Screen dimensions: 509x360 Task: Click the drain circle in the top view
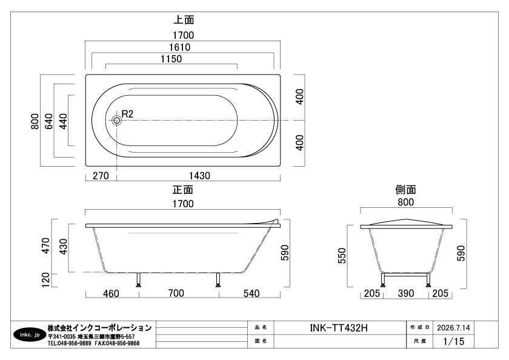116,121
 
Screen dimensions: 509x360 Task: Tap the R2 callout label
127,114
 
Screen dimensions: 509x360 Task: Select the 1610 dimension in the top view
179,47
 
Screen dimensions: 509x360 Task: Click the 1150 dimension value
171,59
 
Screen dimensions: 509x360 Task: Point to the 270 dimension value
101,176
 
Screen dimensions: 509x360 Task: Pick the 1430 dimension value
199,176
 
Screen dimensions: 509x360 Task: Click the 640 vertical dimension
48,121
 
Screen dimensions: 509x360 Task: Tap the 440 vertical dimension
63,121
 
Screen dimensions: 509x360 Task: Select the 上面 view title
184,20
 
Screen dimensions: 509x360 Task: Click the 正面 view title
183,190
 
